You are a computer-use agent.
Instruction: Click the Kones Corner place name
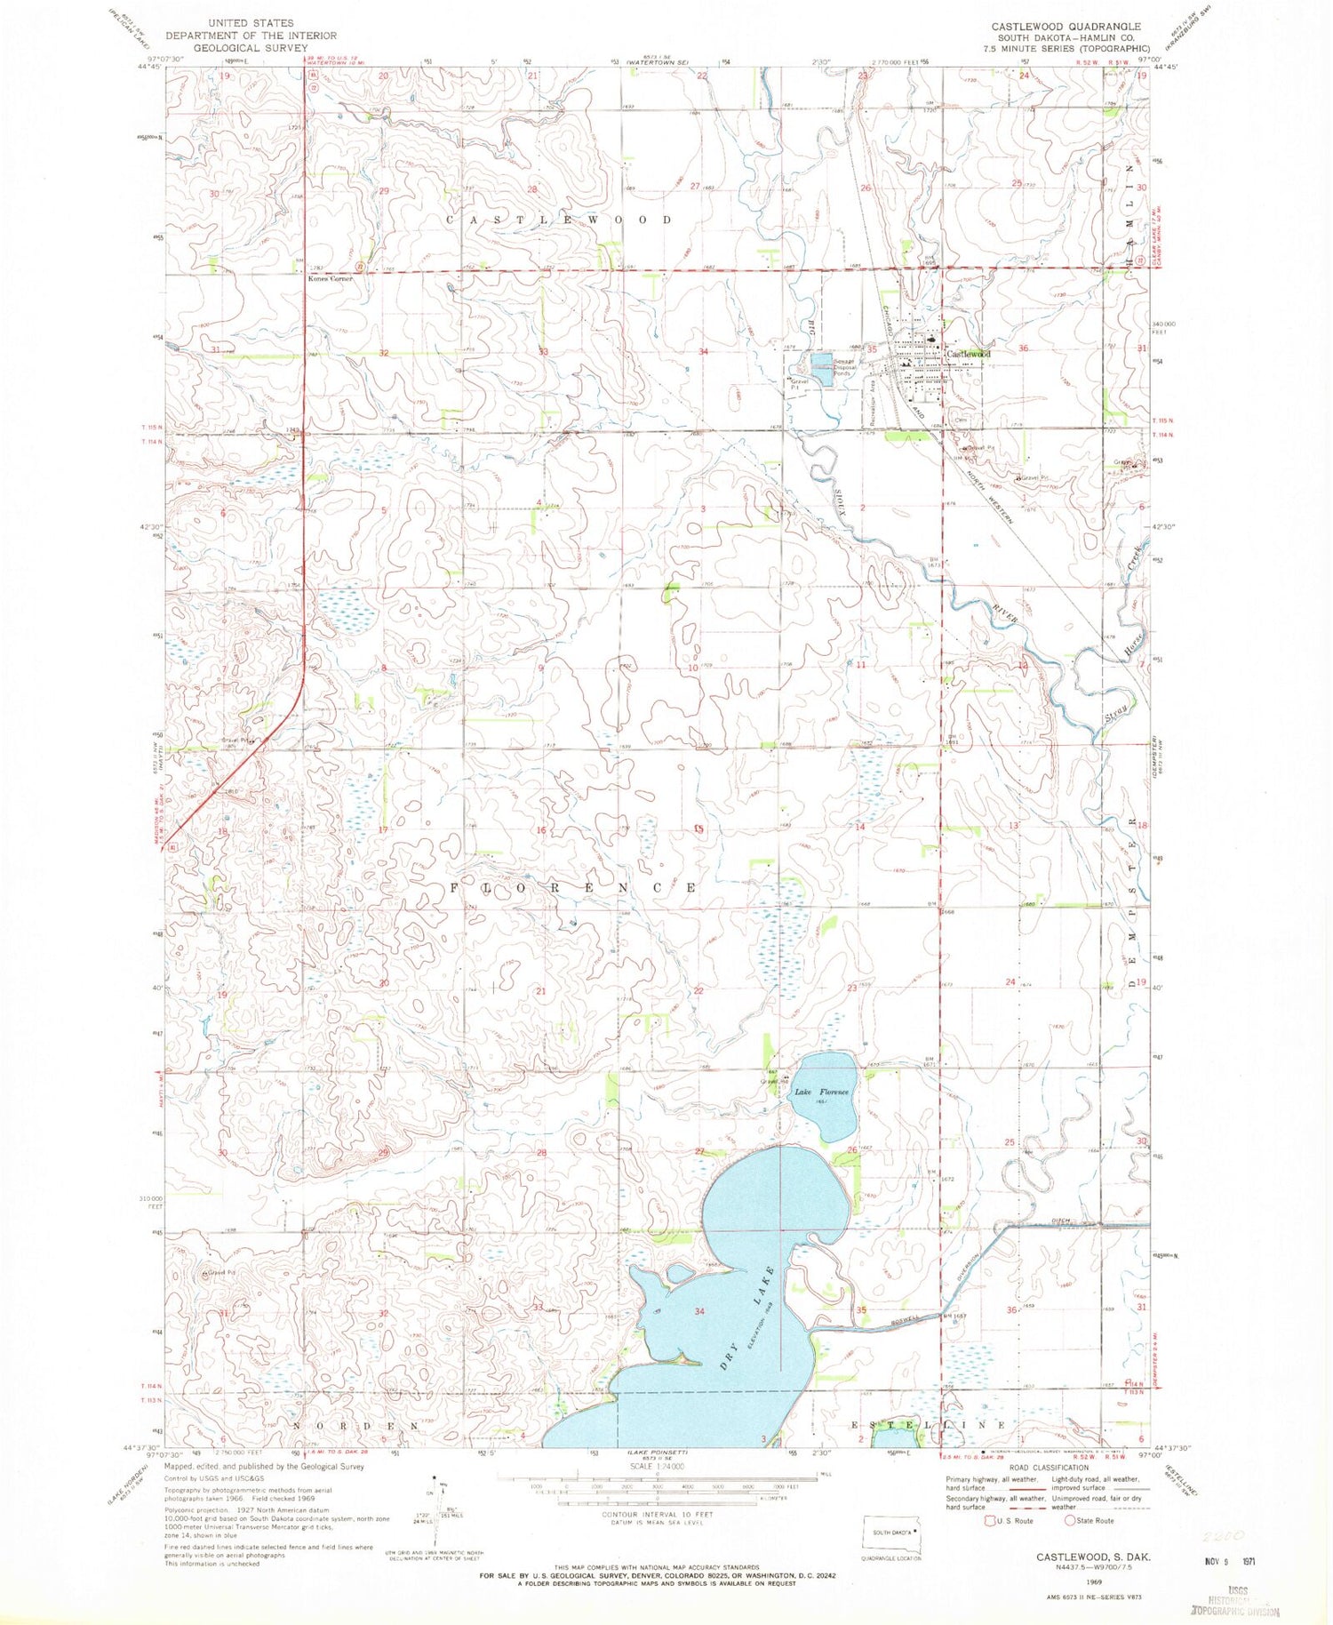click(330, 278)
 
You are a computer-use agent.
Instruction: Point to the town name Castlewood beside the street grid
click(969, 354)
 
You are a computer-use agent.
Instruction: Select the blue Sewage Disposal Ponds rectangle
click(822, 368)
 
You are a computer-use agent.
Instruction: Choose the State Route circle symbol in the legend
click(1072, 1521)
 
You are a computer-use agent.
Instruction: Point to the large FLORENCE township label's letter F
click(459, 888)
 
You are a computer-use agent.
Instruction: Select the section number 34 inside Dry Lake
click(699, 1311)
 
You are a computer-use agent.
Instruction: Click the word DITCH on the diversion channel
click(1063, 1221)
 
